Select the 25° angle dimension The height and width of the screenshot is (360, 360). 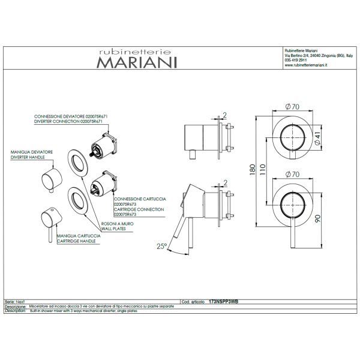[x=161, y=247]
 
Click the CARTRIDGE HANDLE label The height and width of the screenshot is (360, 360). [x=76, y=241]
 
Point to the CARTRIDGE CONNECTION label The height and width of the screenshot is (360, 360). [x=139, y=209]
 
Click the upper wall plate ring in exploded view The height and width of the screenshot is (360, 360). [x=77, y=161]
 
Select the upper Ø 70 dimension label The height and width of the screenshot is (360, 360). [x=293, y=106]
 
